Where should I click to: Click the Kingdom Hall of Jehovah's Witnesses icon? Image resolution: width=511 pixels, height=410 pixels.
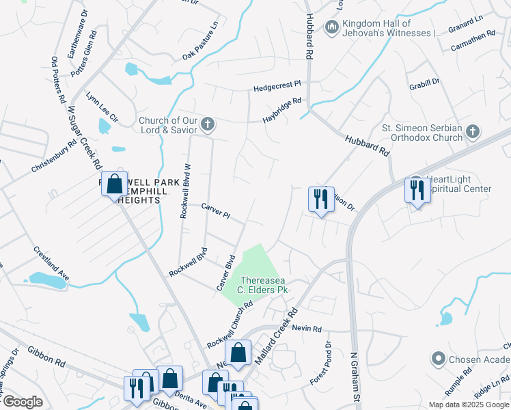click(332, 27)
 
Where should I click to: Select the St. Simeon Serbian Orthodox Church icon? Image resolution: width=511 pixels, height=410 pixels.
click(473, 133)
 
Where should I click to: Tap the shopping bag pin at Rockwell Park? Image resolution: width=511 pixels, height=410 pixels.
click(114, 184)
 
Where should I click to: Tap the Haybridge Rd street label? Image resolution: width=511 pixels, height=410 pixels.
click(282, 111)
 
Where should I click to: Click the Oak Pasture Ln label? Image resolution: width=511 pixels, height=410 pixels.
click(200, 42)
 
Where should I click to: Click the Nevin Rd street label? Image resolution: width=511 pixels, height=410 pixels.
click(306, 329)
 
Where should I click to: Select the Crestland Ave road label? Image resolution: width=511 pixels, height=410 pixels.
click(52, 262)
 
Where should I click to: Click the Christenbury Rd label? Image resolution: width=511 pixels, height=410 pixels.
click(53, 158)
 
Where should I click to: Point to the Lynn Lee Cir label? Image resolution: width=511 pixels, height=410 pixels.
click(102, 107)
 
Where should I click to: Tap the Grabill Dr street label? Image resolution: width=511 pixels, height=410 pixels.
click(425, 84)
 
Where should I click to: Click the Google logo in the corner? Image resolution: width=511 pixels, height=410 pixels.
click(23, 402)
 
